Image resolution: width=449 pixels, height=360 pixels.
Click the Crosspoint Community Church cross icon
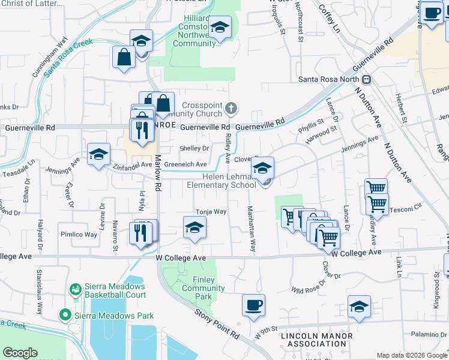231,109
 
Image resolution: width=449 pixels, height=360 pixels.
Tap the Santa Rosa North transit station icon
366,80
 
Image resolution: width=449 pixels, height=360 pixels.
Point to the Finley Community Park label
203,284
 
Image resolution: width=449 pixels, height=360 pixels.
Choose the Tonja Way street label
211,212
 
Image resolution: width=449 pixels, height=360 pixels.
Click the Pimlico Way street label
78,235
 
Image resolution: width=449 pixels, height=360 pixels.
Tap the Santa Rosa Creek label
68,56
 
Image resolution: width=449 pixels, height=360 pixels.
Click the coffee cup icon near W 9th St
253,305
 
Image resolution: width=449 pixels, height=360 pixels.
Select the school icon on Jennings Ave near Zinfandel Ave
99,154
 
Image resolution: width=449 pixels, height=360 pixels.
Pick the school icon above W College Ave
194,227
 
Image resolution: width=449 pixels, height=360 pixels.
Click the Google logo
20,353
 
